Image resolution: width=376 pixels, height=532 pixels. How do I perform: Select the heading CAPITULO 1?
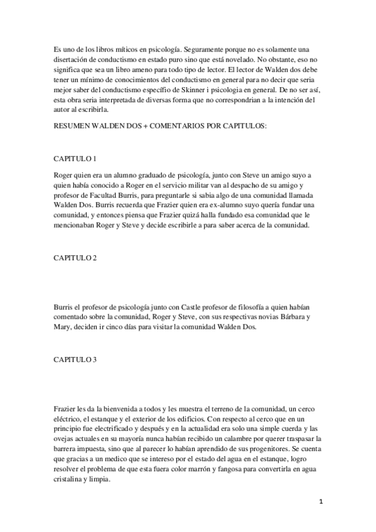click(x=74, y=159)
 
